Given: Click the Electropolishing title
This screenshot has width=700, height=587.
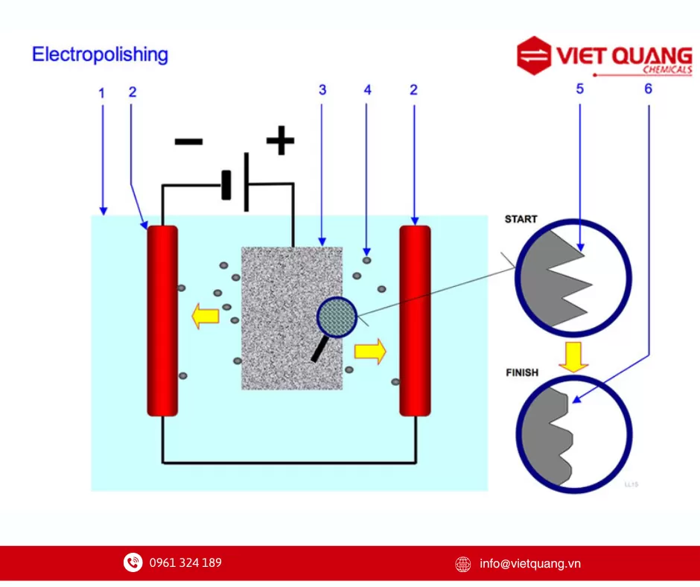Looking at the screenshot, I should point(100,54).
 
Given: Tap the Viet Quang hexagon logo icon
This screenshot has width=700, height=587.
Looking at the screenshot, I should point(534,56).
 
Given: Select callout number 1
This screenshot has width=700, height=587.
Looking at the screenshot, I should point(102,93).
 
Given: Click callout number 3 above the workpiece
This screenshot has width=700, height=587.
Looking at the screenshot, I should point(322,90).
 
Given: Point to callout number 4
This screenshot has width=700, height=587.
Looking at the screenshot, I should point(367,90).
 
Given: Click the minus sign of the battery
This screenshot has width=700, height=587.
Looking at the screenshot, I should point(189,142).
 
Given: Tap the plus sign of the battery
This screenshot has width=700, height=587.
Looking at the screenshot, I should point(280,141).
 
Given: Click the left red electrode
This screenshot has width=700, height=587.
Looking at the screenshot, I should point(162,320).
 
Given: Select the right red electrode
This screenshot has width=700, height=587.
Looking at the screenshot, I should point(415,320).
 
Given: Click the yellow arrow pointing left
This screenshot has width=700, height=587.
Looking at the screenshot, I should point(206,317).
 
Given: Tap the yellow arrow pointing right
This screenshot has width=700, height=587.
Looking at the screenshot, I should point(370,351).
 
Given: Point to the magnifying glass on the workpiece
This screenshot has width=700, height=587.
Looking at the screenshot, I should point(337,318).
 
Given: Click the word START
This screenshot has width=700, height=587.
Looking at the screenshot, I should point(521,219).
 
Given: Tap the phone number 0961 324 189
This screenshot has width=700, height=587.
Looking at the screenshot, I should point(185,562).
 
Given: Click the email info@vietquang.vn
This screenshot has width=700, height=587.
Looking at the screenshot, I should point(529,564).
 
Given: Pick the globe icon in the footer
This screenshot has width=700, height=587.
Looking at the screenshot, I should point(463,564).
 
